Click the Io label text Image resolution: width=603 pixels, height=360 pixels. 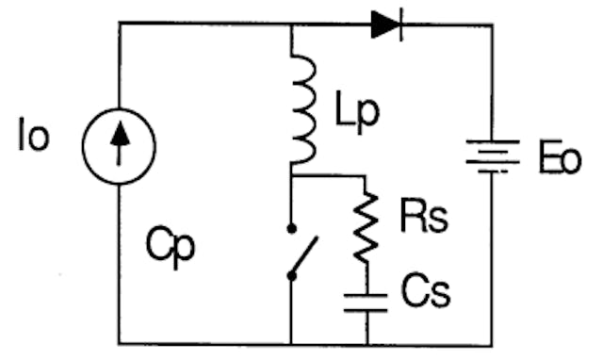pos(32,138)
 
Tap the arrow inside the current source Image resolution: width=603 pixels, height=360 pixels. pos(119,145)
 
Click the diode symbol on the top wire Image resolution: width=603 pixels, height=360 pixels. pos(386,25)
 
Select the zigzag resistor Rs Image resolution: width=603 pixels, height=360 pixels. pos(367,227)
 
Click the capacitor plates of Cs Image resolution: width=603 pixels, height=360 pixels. pos(367,301)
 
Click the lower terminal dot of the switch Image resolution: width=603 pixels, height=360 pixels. pos(291,276)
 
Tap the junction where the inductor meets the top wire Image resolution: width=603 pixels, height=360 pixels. pos(291,25)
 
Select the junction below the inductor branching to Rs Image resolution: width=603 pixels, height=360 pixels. pos(291,176)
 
